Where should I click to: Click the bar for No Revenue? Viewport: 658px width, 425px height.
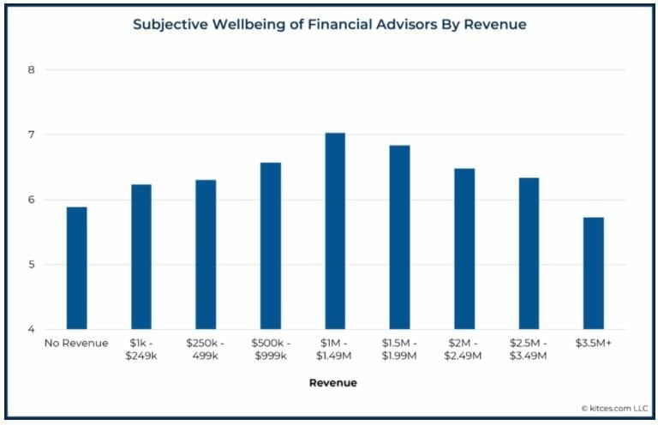[x=76, y=268]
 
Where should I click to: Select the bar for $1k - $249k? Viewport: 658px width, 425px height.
[x=141, y=257]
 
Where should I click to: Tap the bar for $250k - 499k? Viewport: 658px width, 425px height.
[x=206, y=254]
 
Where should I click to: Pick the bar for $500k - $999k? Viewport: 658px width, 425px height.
[x=270, y=246]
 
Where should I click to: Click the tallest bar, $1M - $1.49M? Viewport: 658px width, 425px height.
[x=335, y=231]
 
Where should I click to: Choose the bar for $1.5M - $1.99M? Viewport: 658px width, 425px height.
[x=399, y=237]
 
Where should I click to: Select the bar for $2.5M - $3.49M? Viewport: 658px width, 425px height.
[x=529, y=254]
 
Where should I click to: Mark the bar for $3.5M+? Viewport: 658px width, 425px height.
[x=593, y=273]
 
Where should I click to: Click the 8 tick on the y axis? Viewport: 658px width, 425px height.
[x=31, y=69]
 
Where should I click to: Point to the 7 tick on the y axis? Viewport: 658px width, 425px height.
[x=31, y=135]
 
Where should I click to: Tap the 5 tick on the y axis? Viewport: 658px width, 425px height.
[x=31, y=265]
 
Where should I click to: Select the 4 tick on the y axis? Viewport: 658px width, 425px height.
[x=31, y=330]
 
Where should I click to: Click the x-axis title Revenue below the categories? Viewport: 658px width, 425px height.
[x=333, y=383]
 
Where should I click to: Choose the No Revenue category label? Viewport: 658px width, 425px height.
[x=76, y=344]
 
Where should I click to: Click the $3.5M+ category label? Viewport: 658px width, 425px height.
[x=593, y=344]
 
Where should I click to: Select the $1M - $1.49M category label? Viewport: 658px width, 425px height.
[x=335, y=350]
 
